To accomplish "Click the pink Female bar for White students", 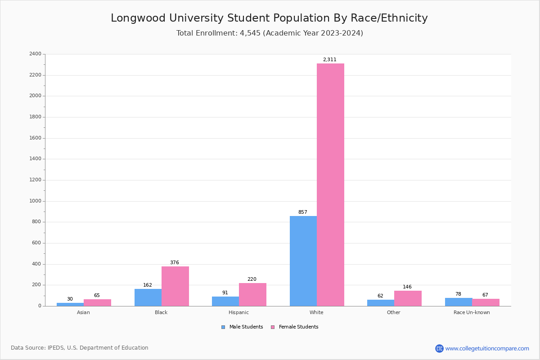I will [x=330, y=184].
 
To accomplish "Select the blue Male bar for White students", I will [x=303, y=261].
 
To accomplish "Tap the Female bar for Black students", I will [x=175, y=286].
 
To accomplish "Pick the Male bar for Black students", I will [x=148, y=297].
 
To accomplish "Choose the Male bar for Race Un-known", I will [x=458, y=302].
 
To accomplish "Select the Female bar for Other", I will [x=408, y=298].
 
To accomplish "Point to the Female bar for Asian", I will [x=97, y=302].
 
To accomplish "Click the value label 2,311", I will [x=329, y=59].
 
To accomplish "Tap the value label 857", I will [x=302, y=212].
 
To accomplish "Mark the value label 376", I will [x=174, y=262].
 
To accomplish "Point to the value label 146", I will [x=407, y=287].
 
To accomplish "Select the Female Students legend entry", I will [x=295, y=327].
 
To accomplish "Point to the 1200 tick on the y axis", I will [x=35, y=180].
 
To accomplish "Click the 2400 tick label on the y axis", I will [x=35, y=54].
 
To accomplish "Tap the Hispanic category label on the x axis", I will [x=238, y=312].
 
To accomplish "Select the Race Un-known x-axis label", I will [x=472, y=312].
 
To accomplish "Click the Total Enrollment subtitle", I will [x=270, y=33].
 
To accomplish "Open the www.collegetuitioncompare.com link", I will [x=487, y=348].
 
